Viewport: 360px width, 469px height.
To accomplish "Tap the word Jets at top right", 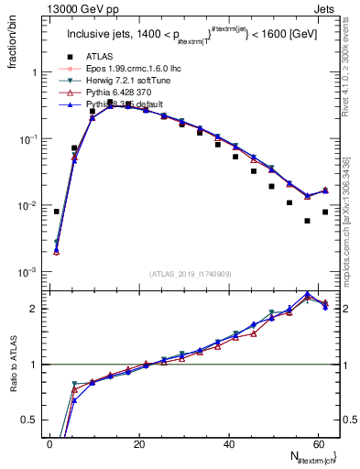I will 326,8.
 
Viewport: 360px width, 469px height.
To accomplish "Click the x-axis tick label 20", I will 140,443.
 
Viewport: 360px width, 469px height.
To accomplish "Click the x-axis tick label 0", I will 50,443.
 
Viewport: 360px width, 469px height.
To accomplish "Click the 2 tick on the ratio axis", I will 35,309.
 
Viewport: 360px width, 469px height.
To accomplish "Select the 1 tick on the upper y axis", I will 35,71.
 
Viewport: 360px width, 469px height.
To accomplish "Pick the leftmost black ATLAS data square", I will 57,212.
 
